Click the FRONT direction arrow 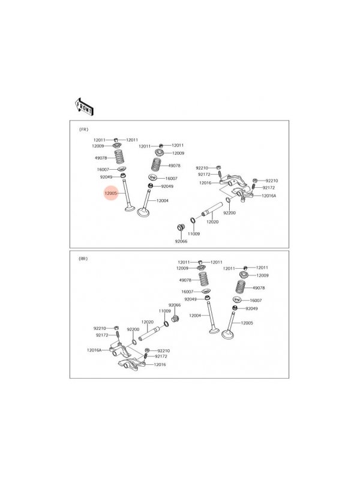[x=84, y=107]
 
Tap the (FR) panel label [x=84, y=130]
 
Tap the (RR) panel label [x=83, y=259]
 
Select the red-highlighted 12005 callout [x=110, y=193]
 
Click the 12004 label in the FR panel [x=162, y=201]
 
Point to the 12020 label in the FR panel [x=212, y=221]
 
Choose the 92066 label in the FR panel [x=181, y=241]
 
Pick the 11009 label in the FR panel [x=194, y=234]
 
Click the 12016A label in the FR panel [x=269, y=196]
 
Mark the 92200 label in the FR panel [x=230, y=213]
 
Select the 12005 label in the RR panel [x=247, y=323]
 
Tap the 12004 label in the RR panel [x=195, y=316]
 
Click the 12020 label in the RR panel [x=147, y=322]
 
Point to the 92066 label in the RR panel [x=175, y=305]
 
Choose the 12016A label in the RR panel [x=94, y=350]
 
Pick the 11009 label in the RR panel [x=164, y=311]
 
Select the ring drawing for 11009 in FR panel [x=193, y=220]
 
